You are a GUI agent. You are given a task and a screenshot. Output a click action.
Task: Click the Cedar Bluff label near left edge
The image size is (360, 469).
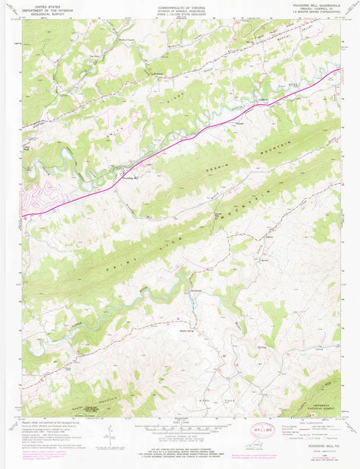point(28,145)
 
